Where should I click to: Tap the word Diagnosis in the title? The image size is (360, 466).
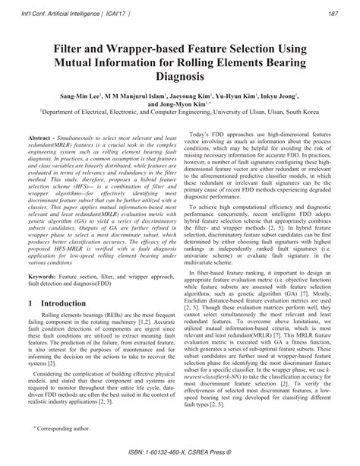click(179, 78)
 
